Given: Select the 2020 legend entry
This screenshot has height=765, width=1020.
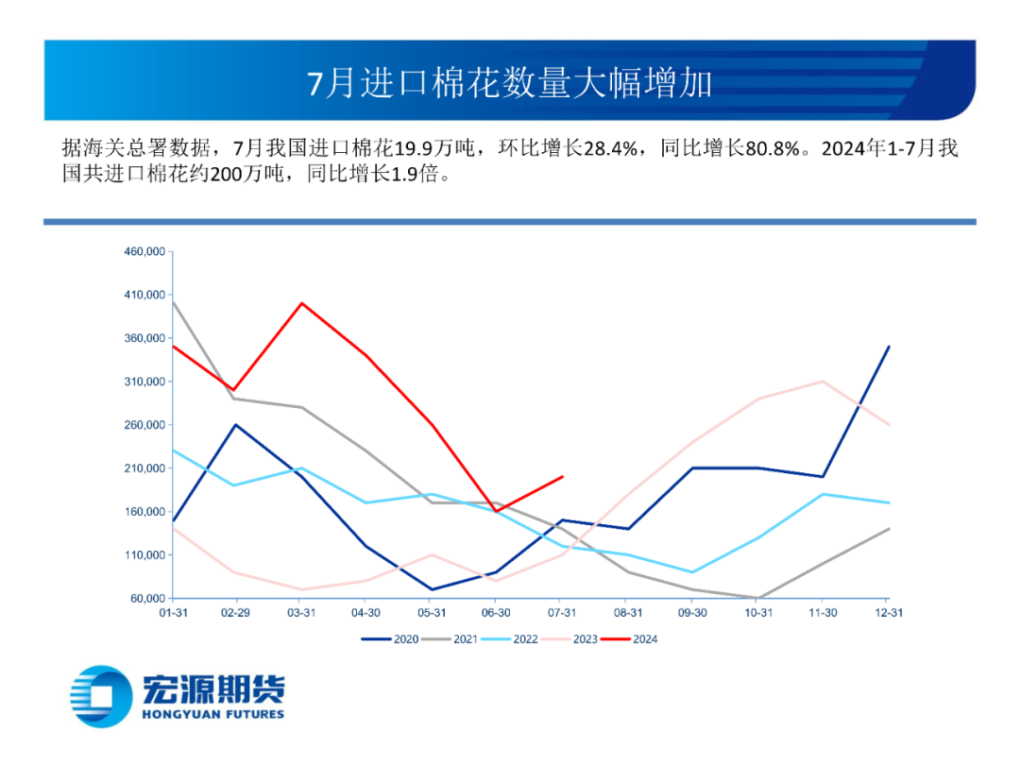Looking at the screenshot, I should (393, 639).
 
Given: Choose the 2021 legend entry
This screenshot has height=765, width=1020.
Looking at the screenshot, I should (453, 639).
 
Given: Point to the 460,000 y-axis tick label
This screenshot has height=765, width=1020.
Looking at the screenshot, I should (144, 251).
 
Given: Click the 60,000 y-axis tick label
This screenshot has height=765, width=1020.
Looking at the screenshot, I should (147, 599).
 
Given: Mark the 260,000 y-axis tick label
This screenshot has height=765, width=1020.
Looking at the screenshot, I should (144, 425).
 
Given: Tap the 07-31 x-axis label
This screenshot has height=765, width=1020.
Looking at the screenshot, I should (563, 613).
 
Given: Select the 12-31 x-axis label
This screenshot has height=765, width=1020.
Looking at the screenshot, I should (889, 613).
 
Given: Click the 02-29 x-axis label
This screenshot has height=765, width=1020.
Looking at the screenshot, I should (236, 613).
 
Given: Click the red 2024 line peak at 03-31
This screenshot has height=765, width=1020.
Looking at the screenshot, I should (301, 303).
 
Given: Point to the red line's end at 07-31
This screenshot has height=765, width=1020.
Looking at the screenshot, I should (563, 477).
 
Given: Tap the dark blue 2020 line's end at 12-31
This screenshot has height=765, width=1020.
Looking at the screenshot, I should (889, 347).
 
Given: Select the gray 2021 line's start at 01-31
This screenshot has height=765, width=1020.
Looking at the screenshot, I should (171, 303).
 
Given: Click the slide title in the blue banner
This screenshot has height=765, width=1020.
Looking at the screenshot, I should (510, 83).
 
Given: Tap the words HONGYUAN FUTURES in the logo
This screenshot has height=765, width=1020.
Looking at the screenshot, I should (212, 714).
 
